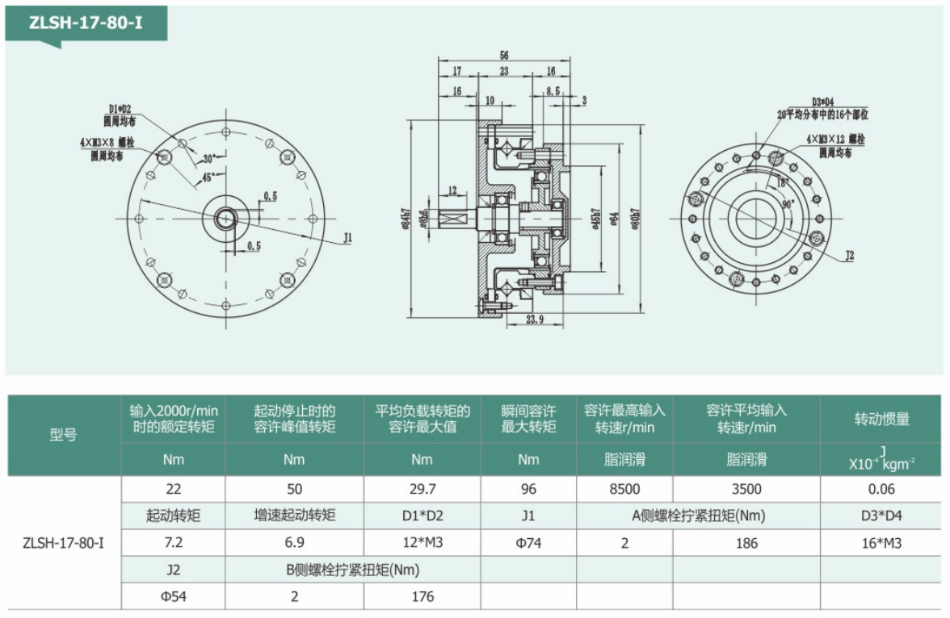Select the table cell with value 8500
(624, 489)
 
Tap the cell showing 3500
(746, 489)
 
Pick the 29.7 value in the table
(422, 489)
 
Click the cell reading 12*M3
(422, 543)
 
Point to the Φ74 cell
(528, 543)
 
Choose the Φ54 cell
(173, 596)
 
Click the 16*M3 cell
(883, 543)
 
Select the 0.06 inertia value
(883, 489)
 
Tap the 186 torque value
(746, 543)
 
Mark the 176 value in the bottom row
(422, 596)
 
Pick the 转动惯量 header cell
(883, 419)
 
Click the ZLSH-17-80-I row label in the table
(63, 542)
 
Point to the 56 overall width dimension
(504, 56)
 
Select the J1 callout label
(348, 238)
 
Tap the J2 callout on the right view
(849, 256)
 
